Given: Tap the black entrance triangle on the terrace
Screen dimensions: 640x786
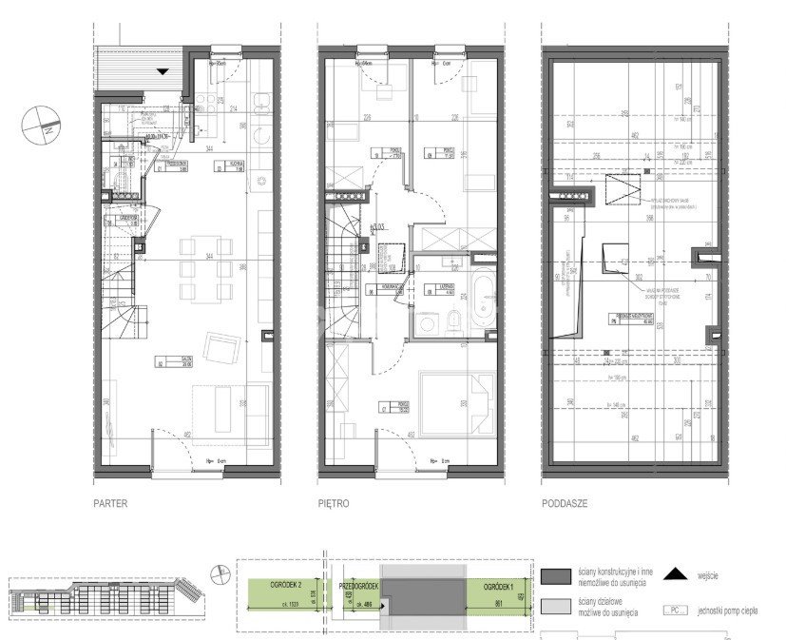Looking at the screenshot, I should point(163,71).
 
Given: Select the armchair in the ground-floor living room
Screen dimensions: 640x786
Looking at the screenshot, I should point(221,348).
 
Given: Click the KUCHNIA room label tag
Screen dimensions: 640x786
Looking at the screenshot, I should point(233,165).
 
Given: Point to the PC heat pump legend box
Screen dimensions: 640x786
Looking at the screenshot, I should point(674,611).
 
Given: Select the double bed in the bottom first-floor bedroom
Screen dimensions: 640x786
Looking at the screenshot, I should point(457,404).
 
